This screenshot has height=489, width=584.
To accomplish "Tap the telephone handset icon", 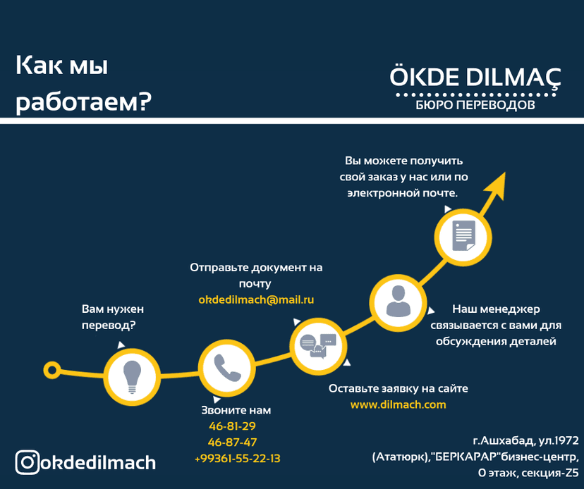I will pyautogui.click(x=226, y=366).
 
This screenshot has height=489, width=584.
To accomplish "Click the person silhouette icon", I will pyautogui.click(x=397, y=302).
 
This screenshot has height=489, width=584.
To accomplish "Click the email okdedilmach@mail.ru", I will pyautogui.click(x=256, y=300).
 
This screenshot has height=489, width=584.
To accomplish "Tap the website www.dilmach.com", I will pyautogui.click(x=399, y=404).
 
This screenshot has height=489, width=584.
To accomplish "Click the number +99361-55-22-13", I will pyautogui.click(x=237, y=459).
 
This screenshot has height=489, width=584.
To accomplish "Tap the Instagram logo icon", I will pyautogui.click(x=28, y=462).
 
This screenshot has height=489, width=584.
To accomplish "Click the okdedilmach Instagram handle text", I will pyautogui.click(x=98, y=463).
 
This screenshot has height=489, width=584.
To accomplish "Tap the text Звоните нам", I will pyautogui.click(x=236, y=410).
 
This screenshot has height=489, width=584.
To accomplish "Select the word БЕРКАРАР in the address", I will pyautogui.click(x=463, y=457).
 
